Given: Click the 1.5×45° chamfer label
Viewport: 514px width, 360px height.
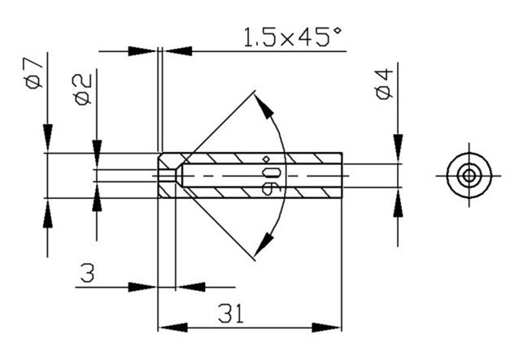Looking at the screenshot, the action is (x=293, y=37).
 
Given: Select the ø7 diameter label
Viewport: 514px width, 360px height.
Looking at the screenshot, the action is (x=34, y=72).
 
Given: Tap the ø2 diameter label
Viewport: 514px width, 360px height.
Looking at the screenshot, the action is (x=83, y=89).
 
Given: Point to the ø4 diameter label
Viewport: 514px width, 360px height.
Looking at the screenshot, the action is (x=384, y=84).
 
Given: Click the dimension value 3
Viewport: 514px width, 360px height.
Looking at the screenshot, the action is (x=88, y=273).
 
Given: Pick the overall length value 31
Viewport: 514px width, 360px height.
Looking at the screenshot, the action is (x=231, y=314).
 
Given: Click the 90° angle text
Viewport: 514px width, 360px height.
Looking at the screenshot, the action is (x=272, y=176).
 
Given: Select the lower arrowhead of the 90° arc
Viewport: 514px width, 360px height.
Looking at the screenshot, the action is (x=264, y=245).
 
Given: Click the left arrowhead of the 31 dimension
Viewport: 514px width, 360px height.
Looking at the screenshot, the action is (x=172, y=327).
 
